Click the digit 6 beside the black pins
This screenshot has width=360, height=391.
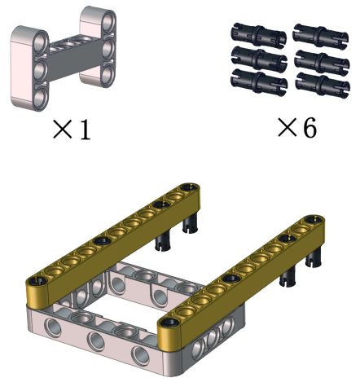tap(310, 128)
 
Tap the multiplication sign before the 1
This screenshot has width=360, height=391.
tap(63, 130)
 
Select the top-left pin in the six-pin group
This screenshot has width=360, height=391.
tap(258, 35)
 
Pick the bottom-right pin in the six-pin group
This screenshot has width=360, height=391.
tap(323, 85)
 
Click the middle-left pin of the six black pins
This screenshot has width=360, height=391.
tap(259, 59)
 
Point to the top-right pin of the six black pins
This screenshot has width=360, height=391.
tap(321, 36)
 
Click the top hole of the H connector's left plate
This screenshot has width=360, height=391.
tap(41, 42)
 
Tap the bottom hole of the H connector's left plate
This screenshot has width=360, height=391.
tap(40, 97)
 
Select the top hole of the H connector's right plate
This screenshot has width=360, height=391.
tap(108, 20)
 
